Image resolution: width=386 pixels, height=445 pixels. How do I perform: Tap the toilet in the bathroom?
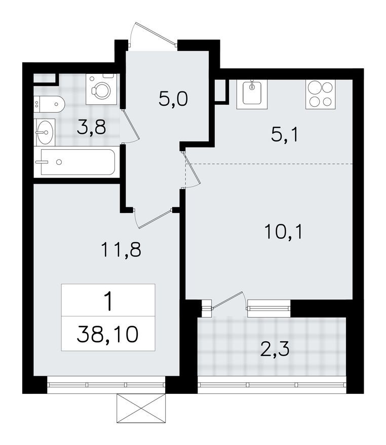pyautogui.click(x=50, y=104)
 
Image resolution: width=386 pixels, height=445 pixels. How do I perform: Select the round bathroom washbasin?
pyautogui.click(x=45, y=133)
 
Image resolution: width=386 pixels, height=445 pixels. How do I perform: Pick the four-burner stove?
pyautogui.click(x=320, y=94)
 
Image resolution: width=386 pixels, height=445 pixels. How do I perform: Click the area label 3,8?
pyautogui.click(x=91, y=127)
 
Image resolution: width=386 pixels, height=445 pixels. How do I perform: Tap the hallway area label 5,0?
pyautogui.click(x=173, y=99)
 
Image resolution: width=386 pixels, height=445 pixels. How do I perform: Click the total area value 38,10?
pyautogui.click(x=107, y=334)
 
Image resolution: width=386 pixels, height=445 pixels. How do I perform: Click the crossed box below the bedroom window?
pyautogui.click(x=141, y=410)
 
